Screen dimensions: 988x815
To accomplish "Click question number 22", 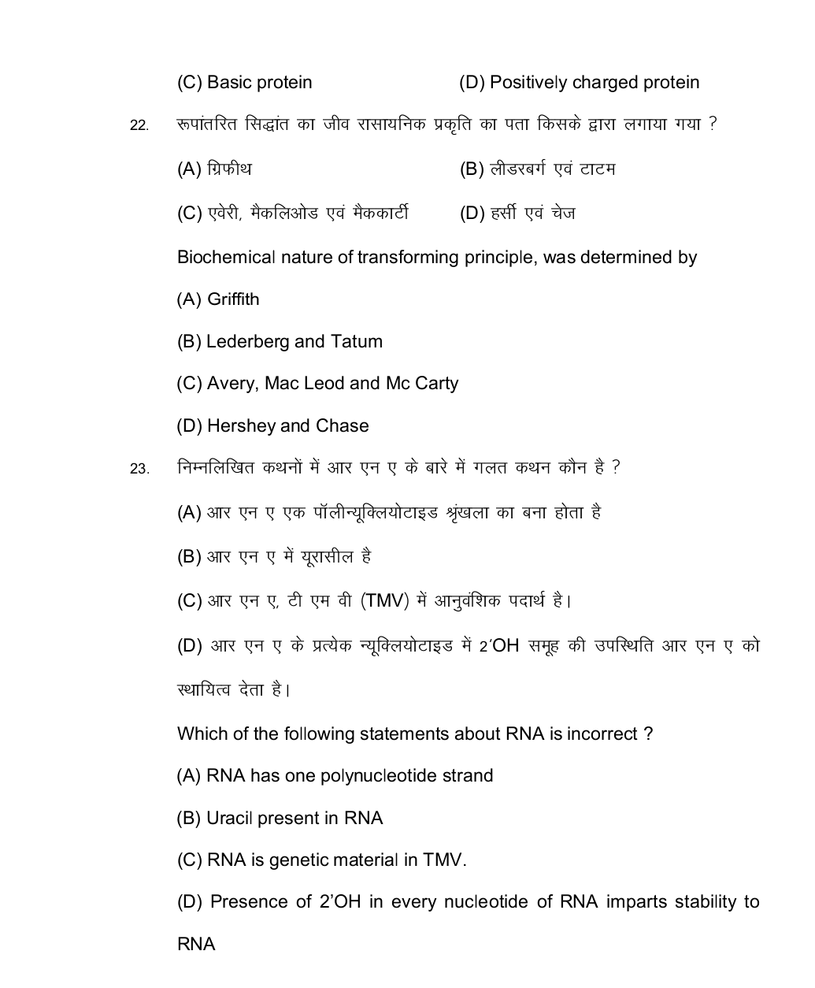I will pyautogui.click(x=139, y=126).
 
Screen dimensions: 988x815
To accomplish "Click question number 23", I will pyautogui.click(x=139, y=470).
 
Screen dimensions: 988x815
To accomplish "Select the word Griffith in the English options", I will pyautogui.click(x=233, y=299).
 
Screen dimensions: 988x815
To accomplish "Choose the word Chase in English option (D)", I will pyautogui.click(x=342, y=426).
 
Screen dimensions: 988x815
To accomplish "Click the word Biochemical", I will pyautogui.click(x=226, y=258).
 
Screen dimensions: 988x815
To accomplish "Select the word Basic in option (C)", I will pyautogui.click(x=229, y=83).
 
